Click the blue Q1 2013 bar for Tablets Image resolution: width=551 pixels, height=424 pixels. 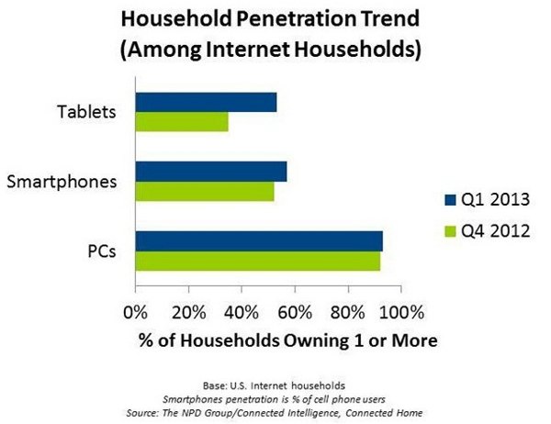click(x=206, y=102)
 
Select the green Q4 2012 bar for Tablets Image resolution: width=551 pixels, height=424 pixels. click(x=182, y=121)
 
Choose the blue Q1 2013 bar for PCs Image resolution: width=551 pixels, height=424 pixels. click(x=259, y=241)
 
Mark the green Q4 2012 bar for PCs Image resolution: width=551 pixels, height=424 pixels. click(x=258, y=261)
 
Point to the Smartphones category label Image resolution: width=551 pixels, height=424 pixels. click(x=61, y=181)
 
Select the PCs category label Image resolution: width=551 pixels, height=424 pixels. click(x=99, y=251)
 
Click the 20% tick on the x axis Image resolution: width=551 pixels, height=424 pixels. click(x=188, y=310)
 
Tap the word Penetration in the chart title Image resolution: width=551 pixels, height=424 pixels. click(x=291, y=17)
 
